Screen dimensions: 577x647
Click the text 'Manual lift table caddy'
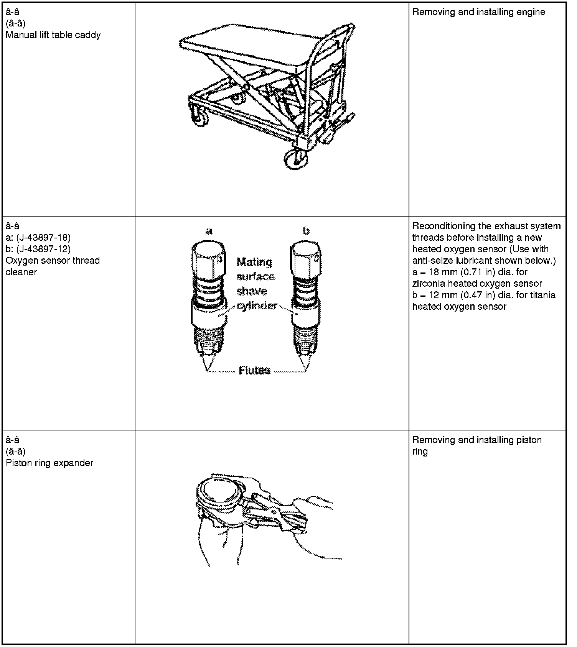(x=53, y=35)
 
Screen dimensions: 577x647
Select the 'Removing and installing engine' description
(x=478, y=12)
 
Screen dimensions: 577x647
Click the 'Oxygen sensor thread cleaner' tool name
(x=53, y=266)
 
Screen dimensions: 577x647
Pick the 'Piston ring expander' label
(x=49, y=463)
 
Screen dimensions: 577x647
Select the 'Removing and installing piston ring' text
(x=476, y=445)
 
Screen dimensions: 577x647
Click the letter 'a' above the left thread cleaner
(x=209, y=231)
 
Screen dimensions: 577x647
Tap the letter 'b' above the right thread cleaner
(x=306, y=231)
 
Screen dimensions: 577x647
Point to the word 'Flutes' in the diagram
(x=254, y=370)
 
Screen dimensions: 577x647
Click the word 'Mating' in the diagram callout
(x=254, y=262)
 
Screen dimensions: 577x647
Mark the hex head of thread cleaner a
(x=208, y=256)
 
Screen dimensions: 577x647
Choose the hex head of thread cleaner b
(x=305, y=256)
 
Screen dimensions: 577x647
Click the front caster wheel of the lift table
(x=296, y=159)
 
